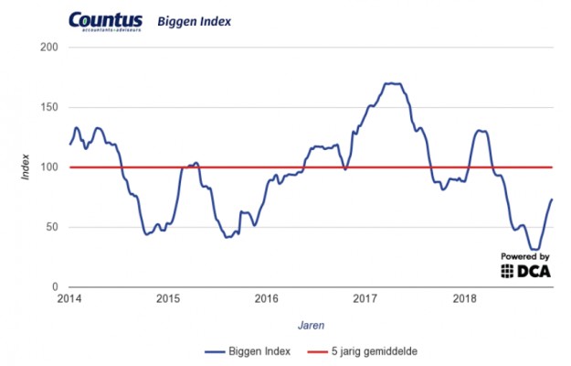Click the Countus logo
pos(106,19)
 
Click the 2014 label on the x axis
pos(69,298)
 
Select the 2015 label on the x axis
pos(167,298)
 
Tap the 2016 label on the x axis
pos(267,298)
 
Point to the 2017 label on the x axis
pos(365,298)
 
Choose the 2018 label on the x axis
pos(465,298)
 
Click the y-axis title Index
pos(27,167)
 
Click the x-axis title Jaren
pos(312,324)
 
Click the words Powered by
pos(524,257)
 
